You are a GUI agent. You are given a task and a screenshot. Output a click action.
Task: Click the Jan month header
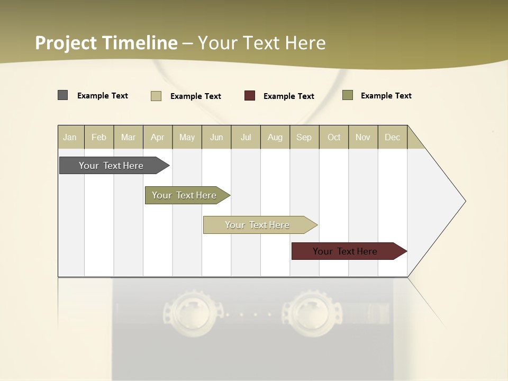[x=70, y=138]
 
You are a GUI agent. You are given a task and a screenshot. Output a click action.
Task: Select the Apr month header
[x=157, y=138]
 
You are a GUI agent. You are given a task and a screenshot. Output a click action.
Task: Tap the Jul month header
[x=246, y=138]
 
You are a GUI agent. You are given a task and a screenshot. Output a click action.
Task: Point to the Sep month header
[x=304, y=138]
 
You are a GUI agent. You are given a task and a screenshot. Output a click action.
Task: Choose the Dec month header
[x=392, y=138]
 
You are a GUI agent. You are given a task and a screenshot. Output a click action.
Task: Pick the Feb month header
[x=99, y=138]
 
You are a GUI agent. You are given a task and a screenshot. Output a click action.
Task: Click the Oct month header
[x=334, y=138]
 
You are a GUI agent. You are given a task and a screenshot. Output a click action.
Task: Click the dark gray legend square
[x=63, y=95]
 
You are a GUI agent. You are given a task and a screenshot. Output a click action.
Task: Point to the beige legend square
[x=156, y=96]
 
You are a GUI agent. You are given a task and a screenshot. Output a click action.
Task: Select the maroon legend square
[x=250, y=96]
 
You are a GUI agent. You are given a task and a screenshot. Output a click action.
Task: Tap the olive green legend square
[x=348, y=95]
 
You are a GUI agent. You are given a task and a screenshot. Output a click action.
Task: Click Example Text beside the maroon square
[x=288, y=96]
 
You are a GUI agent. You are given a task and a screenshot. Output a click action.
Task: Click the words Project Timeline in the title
[x=106, y=43]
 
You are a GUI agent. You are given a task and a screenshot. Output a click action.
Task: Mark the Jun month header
[x=216, y=138]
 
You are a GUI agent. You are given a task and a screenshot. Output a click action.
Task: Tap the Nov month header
[x=363, y=138]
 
